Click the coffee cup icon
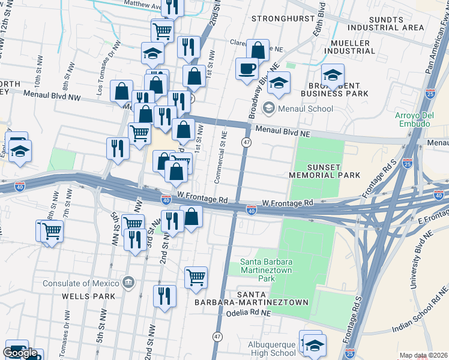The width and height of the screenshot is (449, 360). (x=247, y=69)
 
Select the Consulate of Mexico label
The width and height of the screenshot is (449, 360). (x=80, y=283)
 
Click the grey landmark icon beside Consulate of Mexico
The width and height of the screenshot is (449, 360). (x=127, y=282)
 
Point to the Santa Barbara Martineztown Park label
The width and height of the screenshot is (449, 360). (x=258, y=270)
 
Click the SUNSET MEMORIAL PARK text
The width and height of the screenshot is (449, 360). (x=324, y=170)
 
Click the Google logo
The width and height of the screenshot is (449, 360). (x=20, y=353)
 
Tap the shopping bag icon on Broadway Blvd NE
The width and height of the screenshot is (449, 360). (x=258, y=52)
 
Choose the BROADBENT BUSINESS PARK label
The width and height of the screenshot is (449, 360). (x=334, y=89)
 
